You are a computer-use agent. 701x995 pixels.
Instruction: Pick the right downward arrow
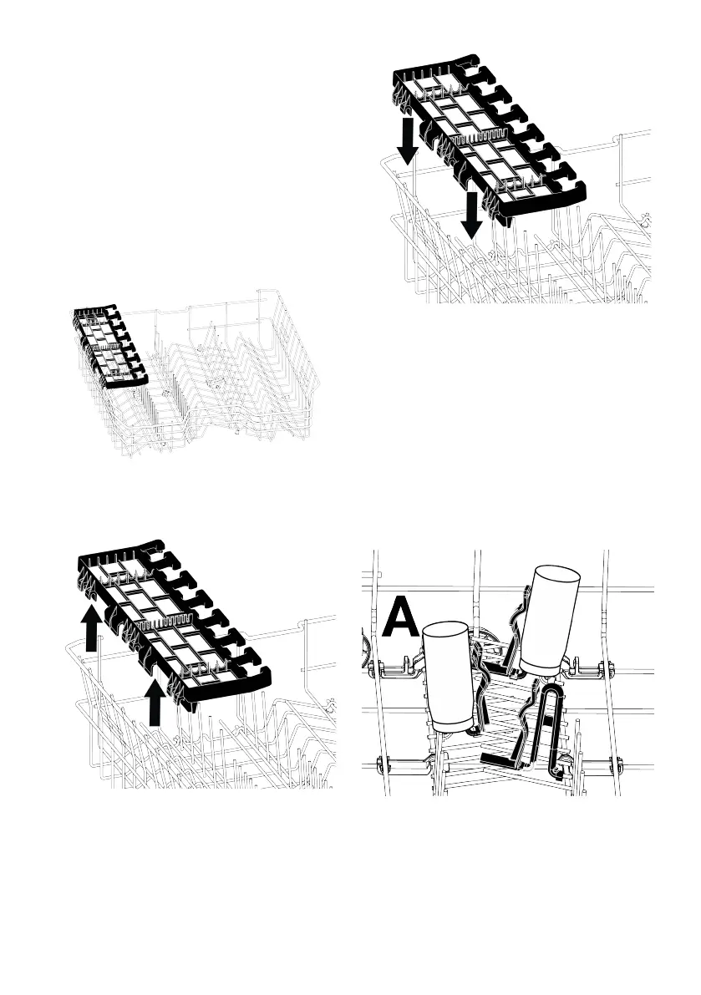[x=472, y=215]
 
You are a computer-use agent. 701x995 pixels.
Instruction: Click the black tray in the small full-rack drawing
[x=108, y=348]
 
